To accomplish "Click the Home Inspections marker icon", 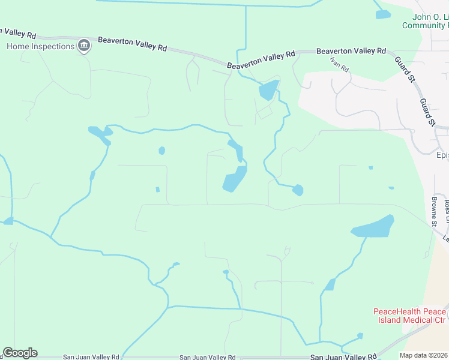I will point(84,47).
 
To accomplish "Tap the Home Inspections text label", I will point(41,46).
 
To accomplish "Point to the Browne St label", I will point(434,209).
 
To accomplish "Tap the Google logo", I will point(20,352).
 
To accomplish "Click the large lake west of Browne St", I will point(373,227).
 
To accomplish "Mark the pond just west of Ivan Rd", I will point(268,90).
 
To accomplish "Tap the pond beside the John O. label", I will point(382,14).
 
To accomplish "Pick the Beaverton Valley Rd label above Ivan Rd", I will point(351,52).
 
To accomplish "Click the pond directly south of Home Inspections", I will point(100,134).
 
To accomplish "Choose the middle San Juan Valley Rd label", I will point(207,356).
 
